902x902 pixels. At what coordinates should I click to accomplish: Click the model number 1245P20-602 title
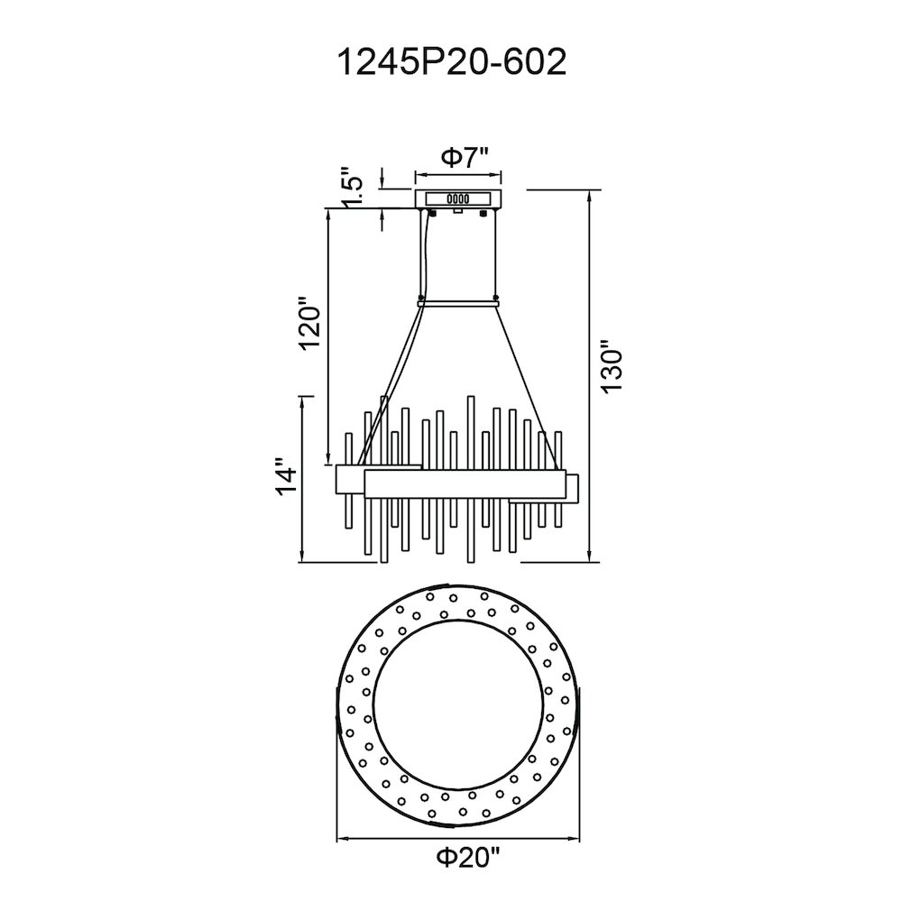point(452,62)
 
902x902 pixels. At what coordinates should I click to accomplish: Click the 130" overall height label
point(612,368)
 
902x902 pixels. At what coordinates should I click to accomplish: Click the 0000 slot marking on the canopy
point(458,199)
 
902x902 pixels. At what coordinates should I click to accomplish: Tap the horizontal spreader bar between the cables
point(458,302)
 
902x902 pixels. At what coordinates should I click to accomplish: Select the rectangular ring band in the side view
point(465,484)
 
